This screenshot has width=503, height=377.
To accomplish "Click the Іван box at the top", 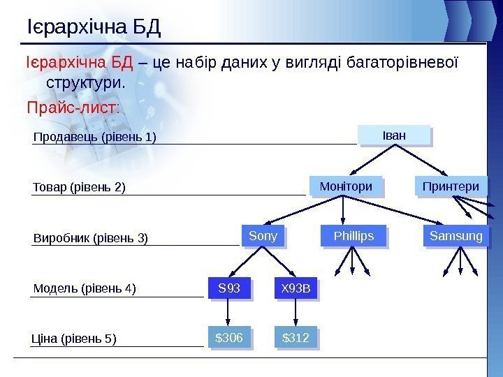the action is [394, 135].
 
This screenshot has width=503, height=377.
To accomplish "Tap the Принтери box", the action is [451, 186].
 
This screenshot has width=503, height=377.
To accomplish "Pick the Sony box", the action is [263, 237].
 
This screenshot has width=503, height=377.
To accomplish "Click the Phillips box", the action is [353, 237].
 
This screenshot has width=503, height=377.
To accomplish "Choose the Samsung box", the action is [455, 237].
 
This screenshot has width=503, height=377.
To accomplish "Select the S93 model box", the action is [229, 288].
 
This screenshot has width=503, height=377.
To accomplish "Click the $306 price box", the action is [229, 339].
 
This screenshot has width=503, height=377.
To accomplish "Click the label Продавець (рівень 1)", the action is [95, 137].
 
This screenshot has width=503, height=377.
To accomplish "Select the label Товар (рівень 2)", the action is [80, 187].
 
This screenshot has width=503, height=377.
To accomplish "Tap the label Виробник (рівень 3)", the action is [91, 238].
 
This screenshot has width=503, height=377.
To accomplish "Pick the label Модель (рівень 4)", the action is [85, 288].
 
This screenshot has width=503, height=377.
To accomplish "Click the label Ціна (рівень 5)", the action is [74, 339].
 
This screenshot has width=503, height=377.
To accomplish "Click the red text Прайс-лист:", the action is [73, 109].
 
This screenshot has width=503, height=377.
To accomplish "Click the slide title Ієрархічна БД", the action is [94, 28].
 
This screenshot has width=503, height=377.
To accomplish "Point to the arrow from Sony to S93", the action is [246, 263].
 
